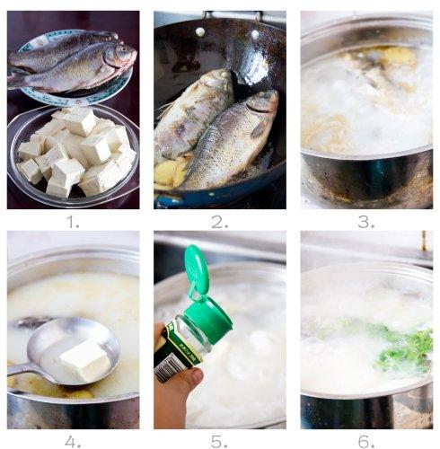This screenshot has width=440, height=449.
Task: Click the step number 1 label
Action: click(x=73, y=222)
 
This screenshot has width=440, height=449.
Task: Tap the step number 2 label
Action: click(x=220, y=222)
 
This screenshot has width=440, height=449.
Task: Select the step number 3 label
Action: click(x=366, y=222)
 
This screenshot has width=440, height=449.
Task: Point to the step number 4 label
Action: click(x=73, y=441)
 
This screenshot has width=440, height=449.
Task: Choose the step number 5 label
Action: click(x=220, y=441)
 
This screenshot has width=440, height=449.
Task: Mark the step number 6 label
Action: click(x=366, y=441)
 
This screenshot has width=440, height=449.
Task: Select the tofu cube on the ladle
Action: click(x=85, y=361)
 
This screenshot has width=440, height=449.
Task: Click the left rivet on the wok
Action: click(x=200, y=31)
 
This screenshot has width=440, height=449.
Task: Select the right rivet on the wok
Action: click(x=255, y=34)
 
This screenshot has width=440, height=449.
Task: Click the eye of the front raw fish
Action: click(x=121, y=48)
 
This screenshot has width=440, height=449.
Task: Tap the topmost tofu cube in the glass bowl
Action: click(x=79, y=121)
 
